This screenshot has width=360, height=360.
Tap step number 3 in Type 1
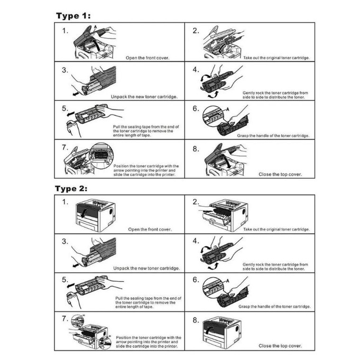(x=65, y=70)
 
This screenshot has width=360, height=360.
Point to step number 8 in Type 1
(x=196, y=150)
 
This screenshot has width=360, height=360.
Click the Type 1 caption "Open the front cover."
(x=147, y=58)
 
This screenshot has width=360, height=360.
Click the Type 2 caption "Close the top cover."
(x=280, y=346)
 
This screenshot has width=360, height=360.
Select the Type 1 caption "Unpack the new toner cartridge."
(x=144, y=97)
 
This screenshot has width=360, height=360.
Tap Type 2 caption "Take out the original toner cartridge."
(x=276, y=229)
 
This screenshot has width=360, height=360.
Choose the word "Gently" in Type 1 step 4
(x=250, y=93)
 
